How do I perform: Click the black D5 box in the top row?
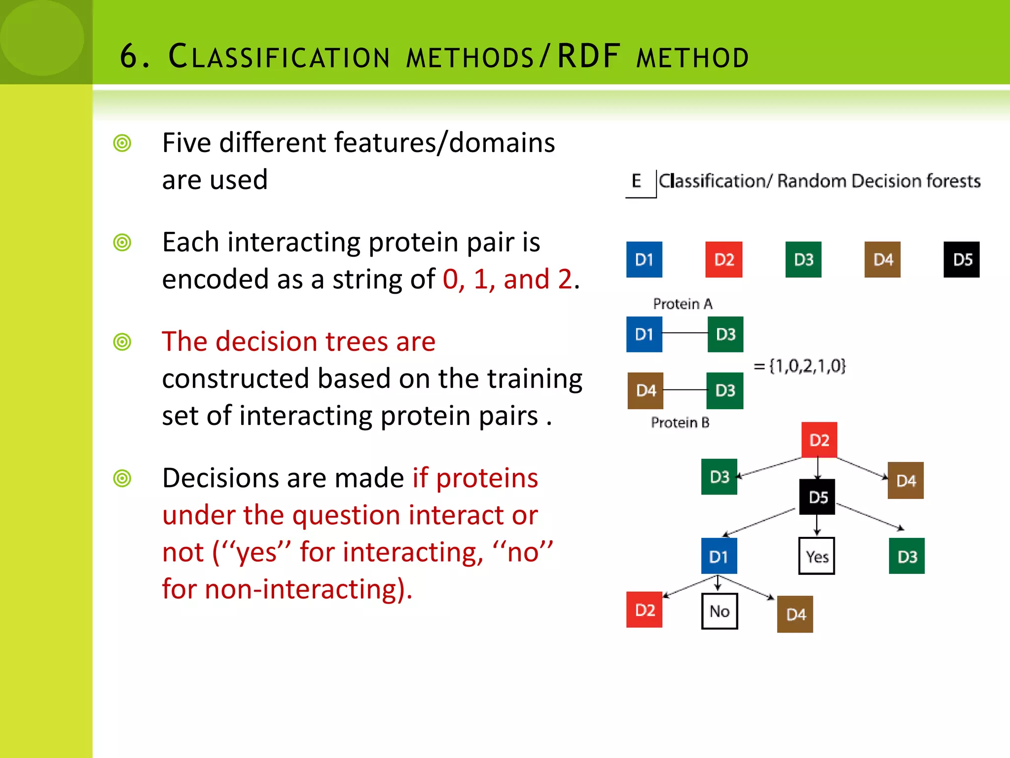(x=961, y=260)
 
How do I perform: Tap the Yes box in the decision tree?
(x=817, y=556)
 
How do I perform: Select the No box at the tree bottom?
(x=719, y=611)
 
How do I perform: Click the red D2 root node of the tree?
(x=819, y=440)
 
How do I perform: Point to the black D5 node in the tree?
(x=817, y=497)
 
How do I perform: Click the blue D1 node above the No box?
(x=719, y=556)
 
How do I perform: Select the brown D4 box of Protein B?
(x=645, y=391)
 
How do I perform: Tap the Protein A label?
(x=683, y=304)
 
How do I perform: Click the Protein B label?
(x=680, y=422)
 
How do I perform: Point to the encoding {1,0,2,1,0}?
(x=800, y=366)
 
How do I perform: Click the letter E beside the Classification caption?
(x=637, y=181)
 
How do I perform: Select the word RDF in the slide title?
(x=588, y=56)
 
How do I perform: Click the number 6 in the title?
(x=129, y=56)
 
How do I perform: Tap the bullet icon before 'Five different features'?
(x=122, y=143)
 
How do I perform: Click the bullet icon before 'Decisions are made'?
(x=122, y=478)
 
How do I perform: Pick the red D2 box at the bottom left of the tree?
(x=644, y=610)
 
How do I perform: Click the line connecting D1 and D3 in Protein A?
(x=685, y=334)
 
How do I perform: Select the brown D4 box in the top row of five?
(x=882, y=260)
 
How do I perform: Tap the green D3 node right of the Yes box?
(x=906, y=556)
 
